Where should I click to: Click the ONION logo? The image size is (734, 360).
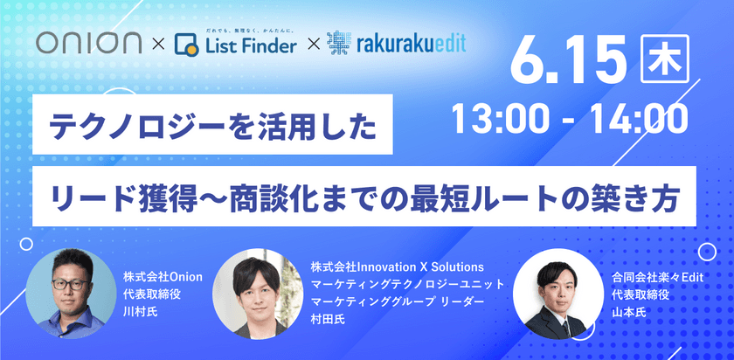(92, 42)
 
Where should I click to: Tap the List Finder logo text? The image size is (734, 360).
(248, 45)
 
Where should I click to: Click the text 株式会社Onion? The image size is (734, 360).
(163, 277)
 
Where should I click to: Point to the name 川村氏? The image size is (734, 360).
(141, 310)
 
